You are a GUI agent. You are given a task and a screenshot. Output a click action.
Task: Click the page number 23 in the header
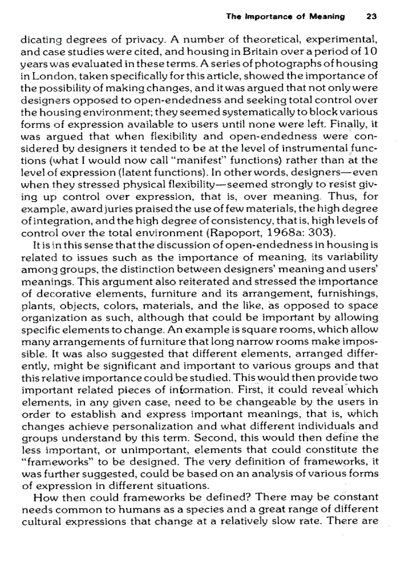pyautogui.click(x=371, y=16)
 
